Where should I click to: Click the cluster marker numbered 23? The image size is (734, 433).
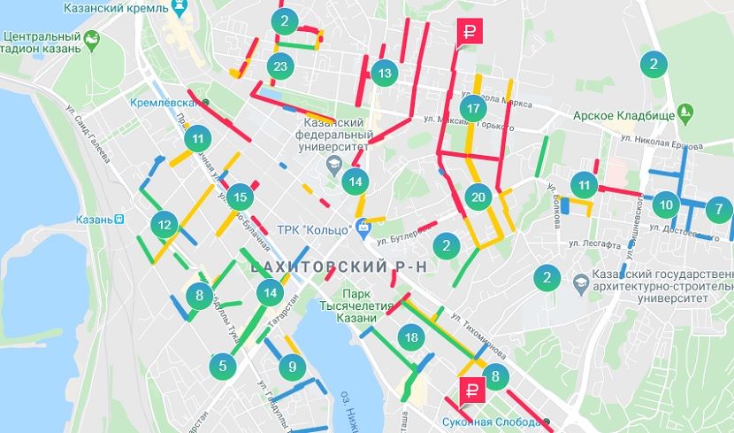pos(280,66)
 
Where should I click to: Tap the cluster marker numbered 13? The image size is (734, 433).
pos(383,73)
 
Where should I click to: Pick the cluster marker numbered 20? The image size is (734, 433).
pos(478,197)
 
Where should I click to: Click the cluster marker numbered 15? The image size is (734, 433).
pos(239,197)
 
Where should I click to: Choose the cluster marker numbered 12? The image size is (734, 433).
pos(164,225)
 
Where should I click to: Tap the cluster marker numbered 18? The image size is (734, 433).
pos(409,336)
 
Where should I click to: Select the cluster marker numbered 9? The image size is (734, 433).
pos(291,366)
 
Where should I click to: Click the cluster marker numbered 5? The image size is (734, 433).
pos(223,365)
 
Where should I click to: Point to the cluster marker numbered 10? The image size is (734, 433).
pos(666,205)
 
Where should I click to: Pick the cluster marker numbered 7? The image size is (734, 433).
pos(719,210)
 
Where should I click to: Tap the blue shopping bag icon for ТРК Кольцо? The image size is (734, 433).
pos(363,228)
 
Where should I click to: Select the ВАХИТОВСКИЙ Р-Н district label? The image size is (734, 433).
pos(319,266)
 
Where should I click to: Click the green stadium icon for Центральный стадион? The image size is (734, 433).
pos(91,39)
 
